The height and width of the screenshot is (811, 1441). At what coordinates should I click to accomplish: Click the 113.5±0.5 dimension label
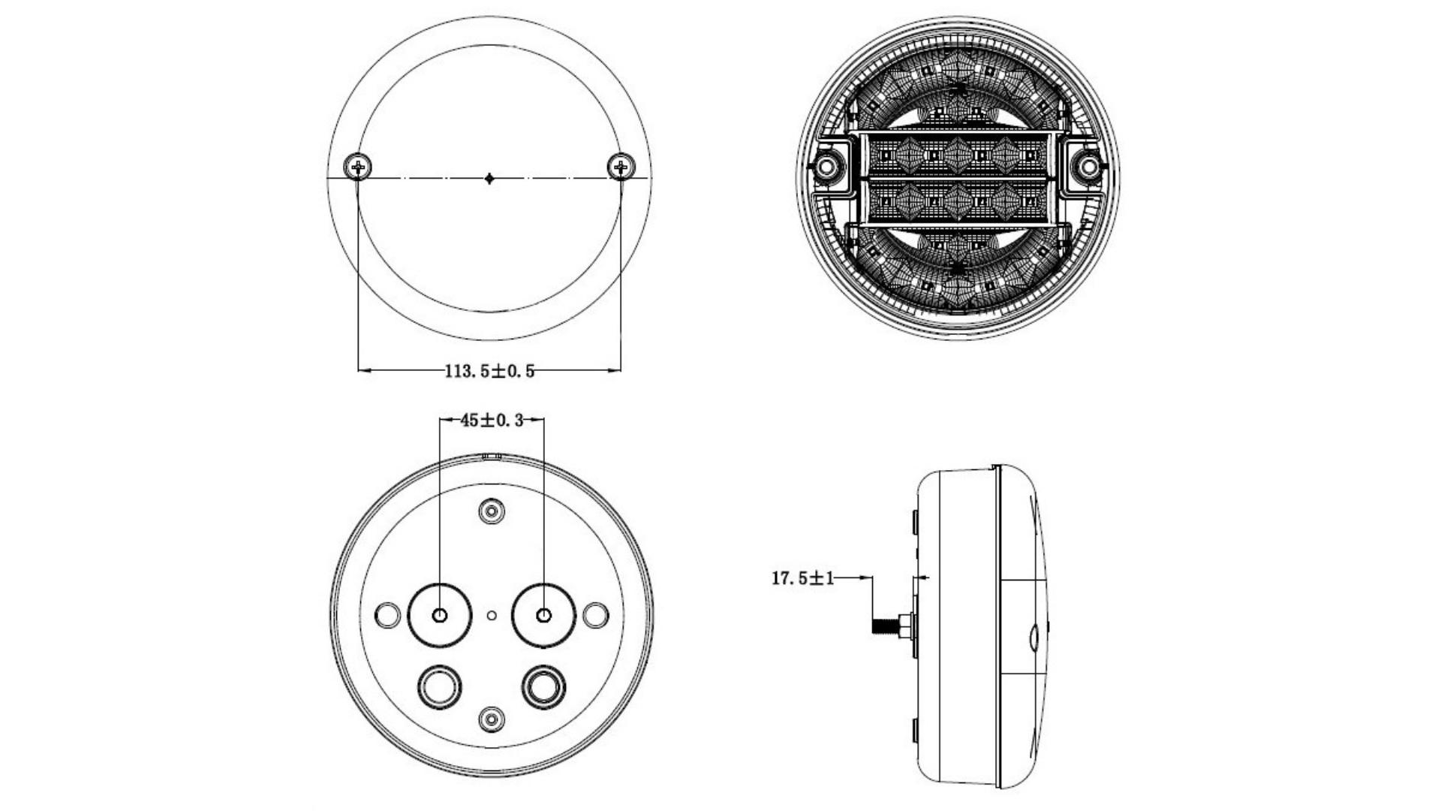click(489, 371)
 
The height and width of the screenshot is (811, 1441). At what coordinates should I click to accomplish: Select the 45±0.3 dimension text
click(492, 421)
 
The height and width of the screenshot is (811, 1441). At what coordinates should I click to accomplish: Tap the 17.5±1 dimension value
click(802, 578)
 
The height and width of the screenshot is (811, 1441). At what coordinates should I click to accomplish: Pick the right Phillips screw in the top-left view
click(621, 166)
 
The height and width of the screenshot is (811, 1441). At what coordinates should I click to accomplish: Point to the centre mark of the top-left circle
click(489, 178)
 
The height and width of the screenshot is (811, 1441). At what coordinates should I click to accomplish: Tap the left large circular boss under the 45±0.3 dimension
click(440, 615)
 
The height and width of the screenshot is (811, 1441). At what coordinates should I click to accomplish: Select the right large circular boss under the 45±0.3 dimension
click(544, 615)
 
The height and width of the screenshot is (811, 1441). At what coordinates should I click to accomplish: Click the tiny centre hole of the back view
click(492, 616)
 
